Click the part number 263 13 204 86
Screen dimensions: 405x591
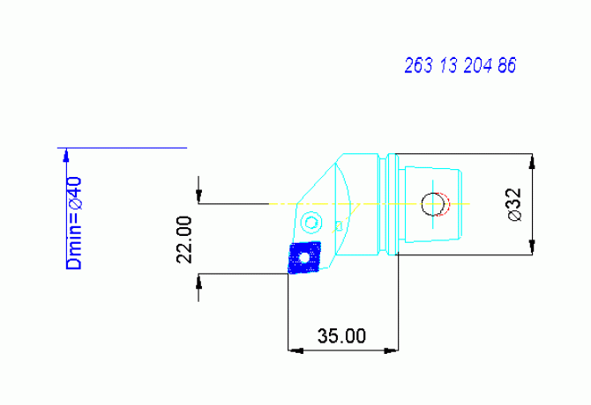point(460,65)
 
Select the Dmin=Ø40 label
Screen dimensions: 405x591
point(75,223)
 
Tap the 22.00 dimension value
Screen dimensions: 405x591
point(184,239)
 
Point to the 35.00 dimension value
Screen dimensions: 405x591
point(341,336)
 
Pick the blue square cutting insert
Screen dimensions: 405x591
point(304,258)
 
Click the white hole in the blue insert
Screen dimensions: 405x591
point(305,258)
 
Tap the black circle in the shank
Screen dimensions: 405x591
point(433,204)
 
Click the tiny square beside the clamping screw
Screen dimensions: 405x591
point(339,225)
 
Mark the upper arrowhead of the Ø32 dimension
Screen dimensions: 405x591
point(532,160)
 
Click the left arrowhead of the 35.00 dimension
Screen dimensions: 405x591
point(295,350)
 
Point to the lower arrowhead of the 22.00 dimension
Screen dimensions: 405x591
point(200,280)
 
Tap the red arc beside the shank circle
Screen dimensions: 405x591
point(448,204)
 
